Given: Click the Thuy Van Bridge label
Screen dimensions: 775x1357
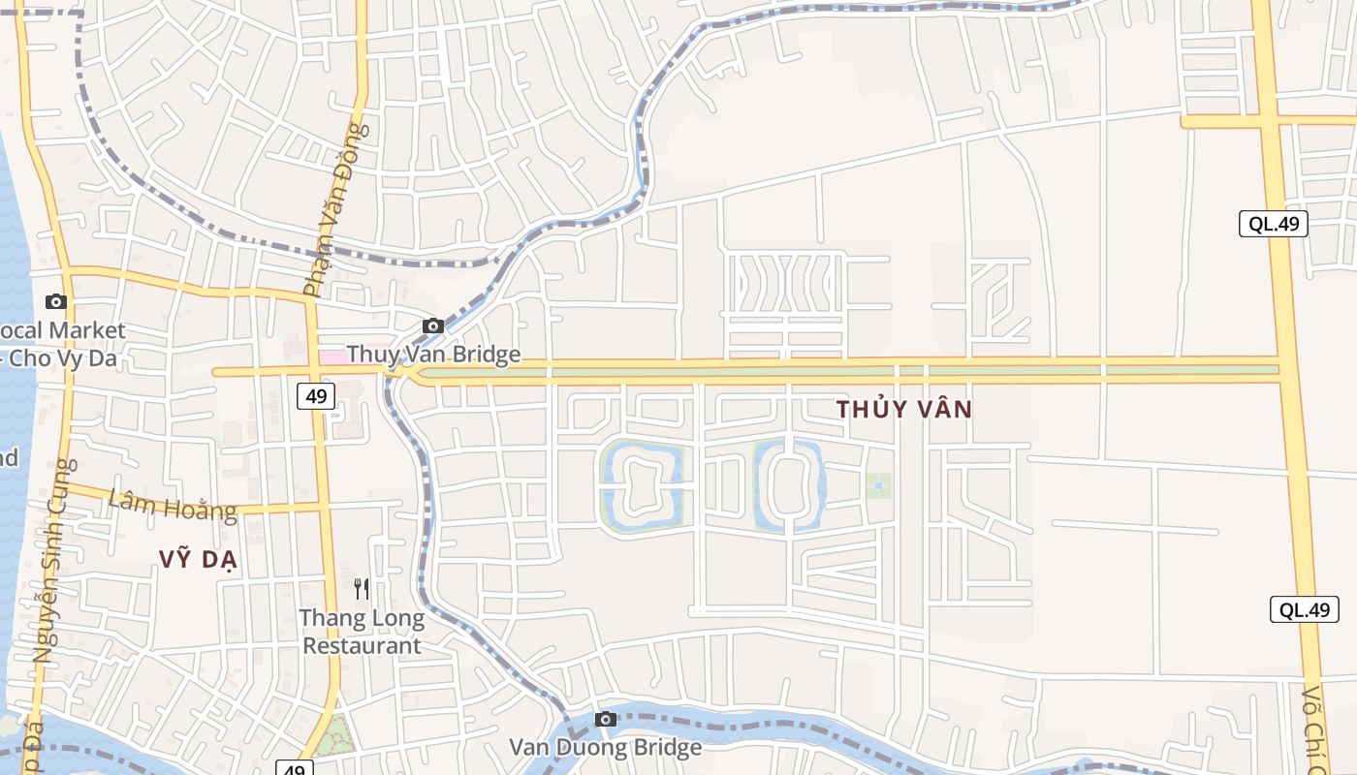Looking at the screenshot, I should pyautogui.click(x=433, y=355).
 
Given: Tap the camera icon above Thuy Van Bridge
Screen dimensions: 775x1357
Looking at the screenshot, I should pyautogui.click(x=433, y=325).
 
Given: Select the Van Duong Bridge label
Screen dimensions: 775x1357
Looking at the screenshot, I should pyautogui.click(x=606, y=747).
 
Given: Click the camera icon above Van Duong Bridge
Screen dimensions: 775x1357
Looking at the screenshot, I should pyautogui.click(x=606, y=719).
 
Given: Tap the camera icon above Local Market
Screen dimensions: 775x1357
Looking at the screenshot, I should pyautogui.click(x=56, y=301).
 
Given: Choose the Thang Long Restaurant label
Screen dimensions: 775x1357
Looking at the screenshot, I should pyautogui.click(x=362, y=632).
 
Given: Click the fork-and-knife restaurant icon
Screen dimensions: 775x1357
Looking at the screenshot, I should pyautogui.click(x=362, y=588).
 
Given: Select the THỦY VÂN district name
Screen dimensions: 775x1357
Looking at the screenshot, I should pyautogui.click(x=903, y=409).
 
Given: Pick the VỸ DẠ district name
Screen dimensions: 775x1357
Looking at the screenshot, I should pyautogui.click(x=199, y=559).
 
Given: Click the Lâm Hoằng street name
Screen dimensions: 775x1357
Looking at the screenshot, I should pyautogui.click(x=173, y=505).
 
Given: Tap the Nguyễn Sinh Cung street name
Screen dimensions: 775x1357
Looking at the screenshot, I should pyautogui.click(x=54, y=562).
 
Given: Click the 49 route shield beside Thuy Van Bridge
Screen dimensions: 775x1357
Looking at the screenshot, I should pyautogui.click(x=316, y=395).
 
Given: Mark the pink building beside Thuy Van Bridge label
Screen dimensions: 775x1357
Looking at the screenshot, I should pyautogui.click(x=332, y=356).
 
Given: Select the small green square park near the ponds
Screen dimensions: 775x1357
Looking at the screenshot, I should pyautogui.click(x=878, y=485).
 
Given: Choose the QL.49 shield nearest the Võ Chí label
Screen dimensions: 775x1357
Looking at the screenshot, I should pyautogui.click(x=1304, y=609).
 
